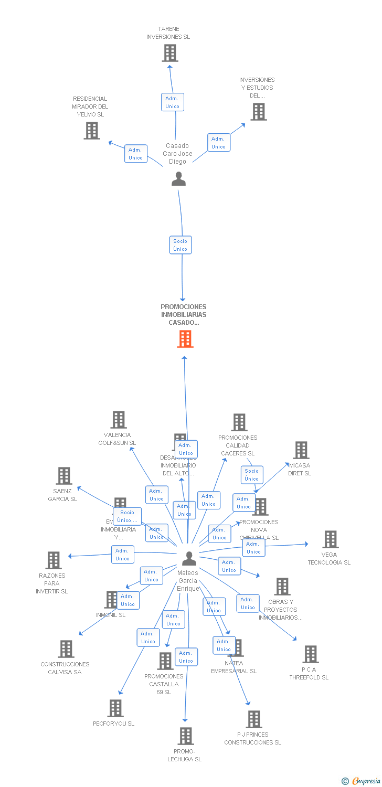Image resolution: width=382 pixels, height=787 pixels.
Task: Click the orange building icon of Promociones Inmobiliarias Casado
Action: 185,339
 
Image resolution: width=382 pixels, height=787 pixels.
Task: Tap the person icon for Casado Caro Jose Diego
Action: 179,179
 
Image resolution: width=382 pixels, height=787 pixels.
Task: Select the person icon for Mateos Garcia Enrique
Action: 189,558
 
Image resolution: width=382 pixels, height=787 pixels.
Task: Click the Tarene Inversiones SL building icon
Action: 169,53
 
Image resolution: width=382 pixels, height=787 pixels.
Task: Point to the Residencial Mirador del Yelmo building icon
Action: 92,130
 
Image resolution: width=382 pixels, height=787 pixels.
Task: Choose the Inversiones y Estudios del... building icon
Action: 258,112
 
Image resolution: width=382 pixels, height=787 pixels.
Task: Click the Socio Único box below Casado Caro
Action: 181,245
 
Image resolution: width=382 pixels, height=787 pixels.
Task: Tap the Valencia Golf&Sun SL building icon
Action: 119,420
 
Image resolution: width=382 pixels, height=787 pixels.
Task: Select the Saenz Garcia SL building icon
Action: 63,476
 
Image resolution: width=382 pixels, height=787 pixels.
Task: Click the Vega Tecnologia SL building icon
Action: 330,539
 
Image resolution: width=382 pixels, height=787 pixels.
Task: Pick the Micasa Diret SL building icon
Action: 301,450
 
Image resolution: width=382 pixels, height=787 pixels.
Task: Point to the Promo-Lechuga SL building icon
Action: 185,736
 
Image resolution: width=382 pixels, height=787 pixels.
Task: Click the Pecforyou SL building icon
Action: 115,708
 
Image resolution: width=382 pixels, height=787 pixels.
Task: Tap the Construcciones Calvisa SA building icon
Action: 66,649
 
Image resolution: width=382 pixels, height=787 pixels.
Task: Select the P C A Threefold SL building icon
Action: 310,654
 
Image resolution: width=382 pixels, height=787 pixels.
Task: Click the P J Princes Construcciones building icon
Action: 254,719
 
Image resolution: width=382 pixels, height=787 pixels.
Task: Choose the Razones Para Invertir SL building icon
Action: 53,560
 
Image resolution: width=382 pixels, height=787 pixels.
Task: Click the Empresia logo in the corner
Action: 362,781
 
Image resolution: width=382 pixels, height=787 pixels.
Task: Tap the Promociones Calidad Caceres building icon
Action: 239,422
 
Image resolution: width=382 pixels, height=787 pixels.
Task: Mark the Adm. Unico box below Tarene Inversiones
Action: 172,102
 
